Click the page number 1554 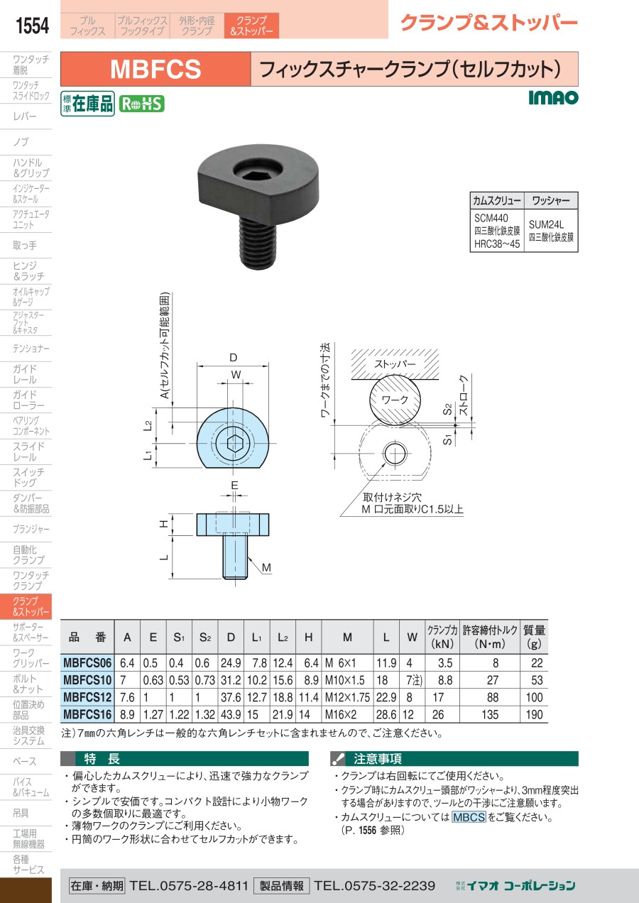32,26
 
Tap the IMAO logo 553,97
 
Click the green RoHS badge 142,104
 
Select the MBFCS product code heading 155,69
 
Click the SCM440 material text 491,219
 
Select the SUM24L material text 546,224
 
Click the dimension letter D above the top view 233,358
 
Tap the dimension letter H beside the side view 163,524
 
